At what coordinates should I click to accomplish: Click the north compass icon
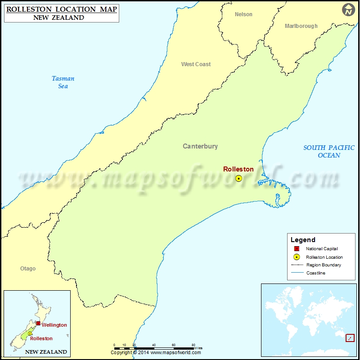point(348,9)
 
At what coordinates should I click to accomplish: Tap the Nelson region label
point(243,14)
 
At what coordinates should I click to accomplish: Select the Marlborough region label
point(301,26)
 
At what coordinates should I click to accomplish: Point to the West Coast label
point(196,64)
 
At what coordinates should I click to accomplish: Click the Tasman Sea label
point(63,82)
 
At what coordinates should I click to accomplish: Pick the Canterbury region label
point(200,146)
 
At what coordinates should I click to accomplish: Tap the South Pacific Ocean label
point(328,151)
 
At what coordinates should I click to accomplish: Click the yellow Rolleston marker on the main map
point(238,179)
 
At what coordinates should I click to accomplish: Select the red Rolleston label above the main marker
point(238,169)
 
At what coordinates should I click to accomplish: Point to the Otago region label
point(27,269)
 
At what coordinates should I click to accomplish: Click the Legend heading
point(303,240)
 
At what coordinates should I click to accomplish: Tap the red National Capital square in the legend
point(297,249)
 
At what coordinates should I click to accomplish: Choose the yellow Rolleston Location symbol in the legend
point(297,257)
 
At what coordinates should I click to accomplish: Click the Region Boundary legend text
point(324,265)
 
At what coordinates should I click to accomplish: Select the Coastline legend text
point(315,273)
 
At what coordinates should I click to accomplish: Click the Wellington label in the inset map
point(54,325)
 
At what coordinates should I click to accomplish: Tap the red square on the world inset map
point(350,338)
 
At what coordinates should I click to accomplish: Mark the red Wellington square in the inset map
point(38,324)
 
